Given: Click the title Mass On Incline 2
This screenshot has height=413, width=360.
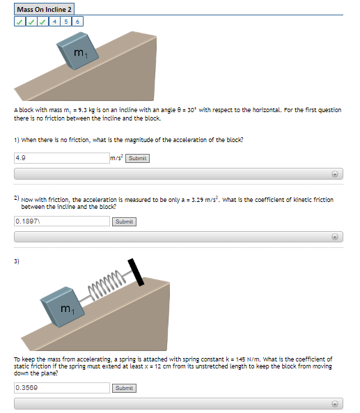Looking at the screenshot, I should pos(44,9).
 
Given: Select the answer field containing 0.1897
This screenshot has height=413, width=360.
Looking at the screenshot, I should pos(61,221).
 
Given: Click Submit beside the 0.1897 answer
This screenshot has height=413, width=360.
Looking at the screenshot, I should pos(124,221).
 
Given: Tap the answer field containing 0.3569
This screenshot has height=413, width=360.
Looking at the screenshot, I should pos(61,388).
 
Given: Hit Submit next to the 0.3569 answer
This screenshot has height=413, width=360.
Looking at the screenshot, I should pos(124,388).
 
